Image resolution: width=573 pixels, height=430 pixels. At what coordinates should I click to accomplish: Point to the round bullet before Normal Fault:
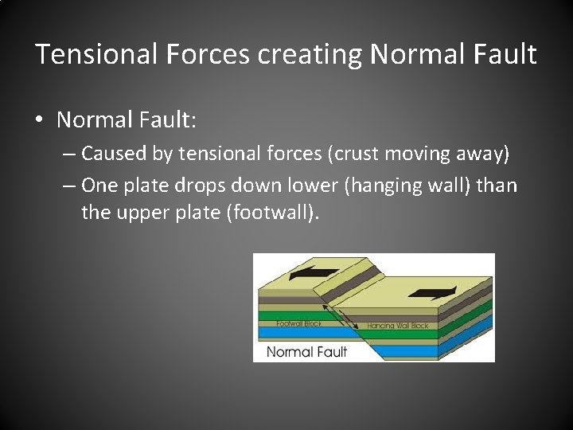pos(40,121)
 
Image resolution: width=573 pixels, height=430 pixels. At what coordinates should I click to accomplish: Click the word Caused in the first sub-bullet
pos(109,152)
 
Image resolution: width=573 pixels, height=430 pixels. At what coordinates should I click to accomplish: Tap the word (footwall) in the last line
pos(270,213)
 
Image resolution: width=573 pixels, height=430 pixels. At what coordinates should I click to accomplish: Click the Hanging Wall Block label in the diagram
pos(398,326)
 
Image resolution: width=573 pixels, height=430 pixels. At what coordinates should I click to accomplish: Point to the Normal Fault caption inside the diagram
pos(306,351)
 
